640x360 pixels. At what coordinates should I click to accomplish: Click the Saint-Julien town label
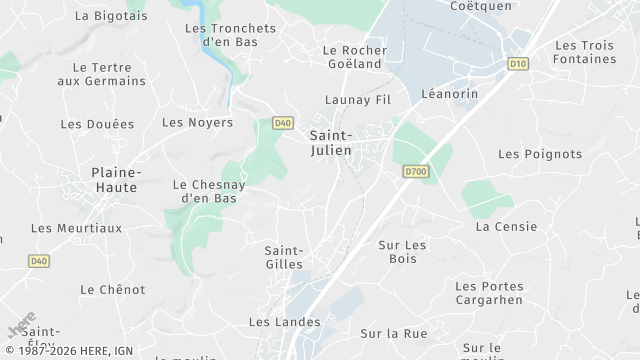(x=330, y=142)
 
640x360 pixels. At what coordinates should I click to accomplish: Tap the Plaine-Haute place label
(x=116, y=180)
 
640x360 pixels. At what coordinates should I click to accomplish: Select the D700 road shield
(x=416, y=172)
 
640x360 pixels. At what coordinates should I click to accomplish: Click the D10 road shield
(x=517, y=63)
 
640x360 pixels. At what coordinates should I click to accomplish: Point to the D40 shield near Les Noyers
(x=283, y=123)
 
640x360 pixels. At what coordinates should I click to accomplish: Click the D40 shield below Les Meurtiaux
(x=38, y=261)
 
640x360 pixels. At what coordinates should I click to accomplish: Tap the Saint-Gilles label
(x=284, y=257)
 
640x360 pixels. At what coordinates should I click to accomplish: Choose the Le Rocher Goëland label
(x=352, y=57)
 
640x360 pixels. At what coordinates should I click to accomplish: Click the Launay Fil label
(x=357, y=100)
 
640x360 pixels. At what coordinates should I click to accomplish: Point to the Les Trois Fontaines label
(x=585, y=52)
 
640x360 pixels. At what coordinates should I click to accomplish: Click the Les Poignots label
(x=540, y=154)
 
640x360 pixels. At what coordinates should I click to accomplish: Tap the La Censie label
(x=506, y=227)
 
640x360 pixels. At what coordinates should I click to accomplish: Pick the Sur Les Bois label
(x=403, y=251)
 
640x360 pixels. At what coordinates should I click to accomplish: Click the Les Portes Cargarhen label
(x=489, y=293)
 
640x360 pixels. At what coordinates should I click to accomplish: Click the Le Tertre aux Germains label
(x=102, y=74)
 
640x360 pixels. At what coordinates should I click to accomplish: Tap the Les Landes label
(x=284, y=322)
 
